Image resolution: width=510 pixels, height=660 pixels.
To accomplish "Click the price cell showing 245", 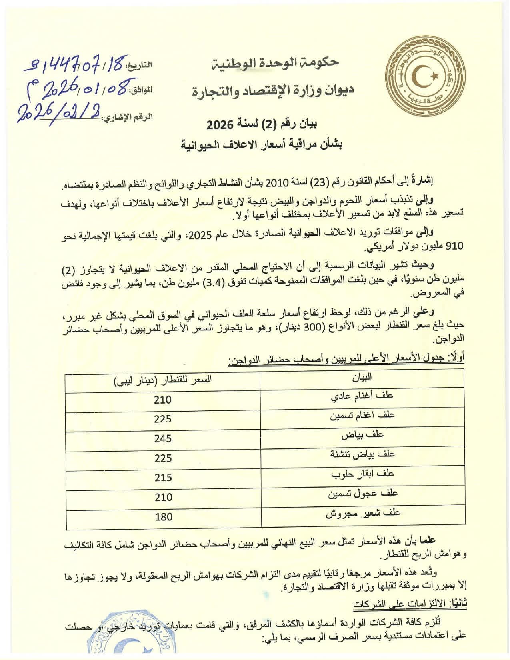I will [x=163, y=438].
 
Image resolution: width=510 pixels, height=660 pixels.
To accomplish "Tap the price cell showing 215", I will [x=163, y=477].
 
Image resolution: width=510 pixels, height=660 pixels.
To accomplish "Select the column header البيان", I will [x=362, y=376].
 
